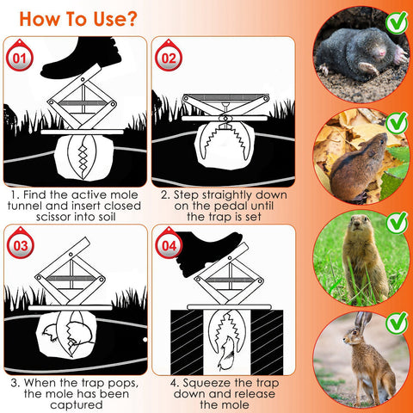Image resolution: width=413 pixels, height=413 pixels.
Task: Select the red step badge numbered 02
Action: [169, 59]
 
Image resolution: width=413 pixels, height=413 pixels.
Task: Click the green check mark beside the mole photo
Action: [396, 22]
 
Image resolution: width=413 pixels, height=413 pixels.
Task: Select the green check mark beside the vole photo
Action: [396, 123]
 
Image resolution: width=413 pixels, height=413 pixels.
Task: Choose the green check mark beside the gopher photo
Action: [396, 223]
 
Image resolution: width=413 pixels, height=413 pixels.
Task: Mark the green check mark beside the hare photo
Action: [396, 324]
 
